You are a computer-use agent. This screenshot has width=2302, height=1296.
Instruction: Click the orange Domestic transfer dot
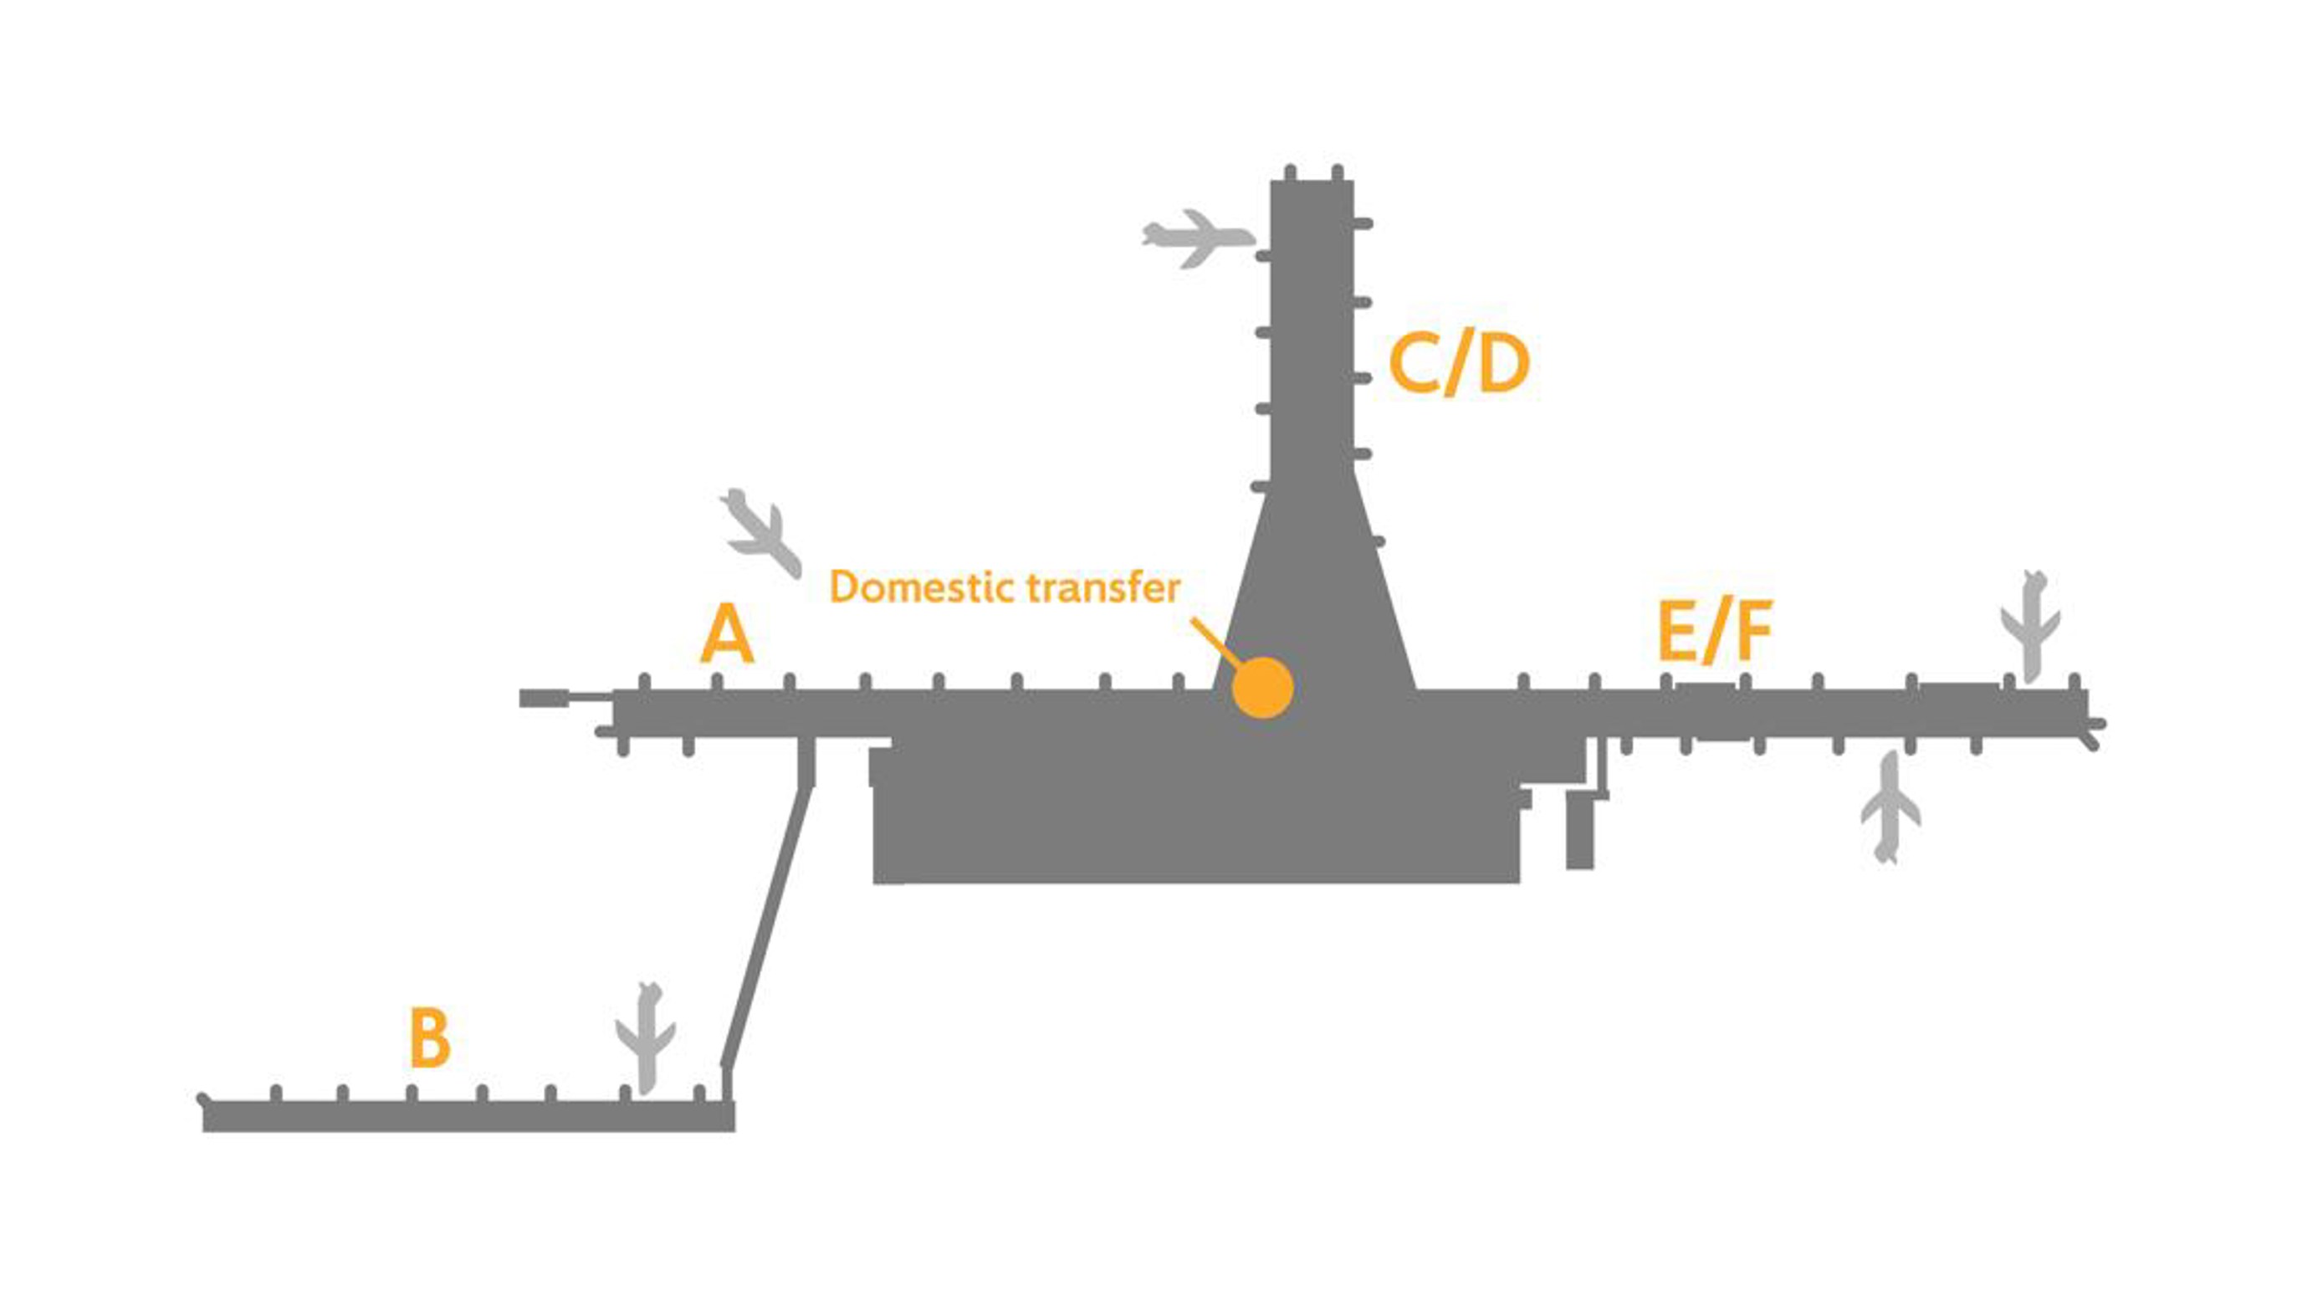tap(1261, 688)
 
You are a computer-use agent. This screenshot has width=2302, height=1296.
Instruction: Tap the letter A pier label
tap(727, 633)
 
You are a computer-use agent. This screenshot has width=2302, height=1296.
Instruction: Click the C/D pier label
tap(1459, 365)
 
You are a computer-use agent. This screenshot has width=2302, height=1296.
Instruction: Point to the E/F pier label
tap(1714, 632)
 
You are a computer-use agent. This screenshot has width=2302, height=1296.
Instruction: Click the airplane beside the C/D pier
tap(1198, 238)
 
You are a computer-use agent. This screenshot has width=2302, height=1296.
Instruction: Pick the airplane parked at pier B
tap(645, 1037)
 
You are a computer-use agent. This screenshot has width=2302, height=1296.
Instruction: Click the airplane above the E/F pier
tap(2030, 626)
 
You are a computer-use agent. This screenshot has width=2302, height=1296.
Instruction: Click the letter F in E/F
tap(1754, 632)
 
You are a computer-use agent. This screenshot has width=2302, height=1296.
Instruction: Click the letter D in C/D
tap(1503, 365)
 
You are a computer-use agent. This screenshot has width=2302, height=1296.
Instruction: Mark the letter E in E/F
tap(1676, 632)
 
